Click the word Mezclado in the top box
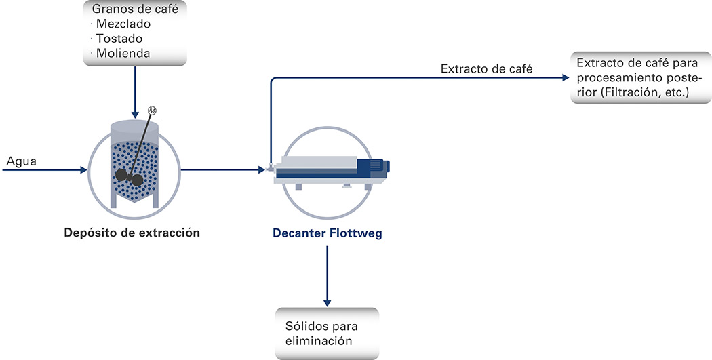[x=123, y=24]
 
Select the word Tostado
[x=119, y=39]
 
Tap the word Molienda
[x=123, y=53]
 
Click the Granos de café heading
[x=135, y=9]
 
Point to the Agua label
[x=21, y=161]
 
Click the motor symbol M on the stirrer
[x=152, y=111]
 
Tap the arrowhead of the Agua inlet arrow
[x=83, y=170]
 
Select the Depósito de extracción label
[x=132, y=233]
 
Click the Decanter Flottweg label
[x=328, y=234]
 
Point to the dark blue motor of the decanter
[x=373, y=166]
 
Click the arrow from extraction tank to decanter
[x=223, y=169]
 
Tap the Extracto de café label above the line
[x=487, y=69]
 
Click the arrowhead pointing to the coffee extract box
[x=566, y=78]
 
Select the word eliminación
[x=319, y=340]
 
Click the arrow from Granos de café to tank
[x=135, y=92]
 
